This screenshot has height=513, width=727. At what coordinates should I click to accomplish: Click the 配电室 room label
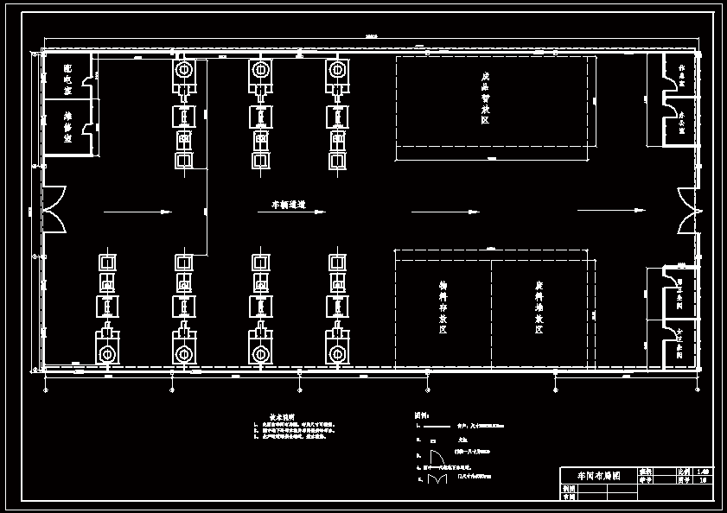pyautogui.click(x=67, y=79)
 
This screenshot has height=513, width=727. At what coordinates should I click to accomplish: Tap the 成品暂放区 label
pyautogui.click(x=485, y=98)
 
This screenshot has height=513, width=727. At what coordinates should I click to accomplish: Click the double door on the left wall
pyautogui.click(x=54, y=209)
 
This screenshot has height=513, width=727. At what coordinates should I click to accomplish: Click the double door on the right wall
pyautogui.click(x=686, y=211)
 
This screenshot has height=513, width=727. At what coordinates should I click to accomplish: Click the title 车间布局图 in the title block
pyautogui.click(x=593, y=476)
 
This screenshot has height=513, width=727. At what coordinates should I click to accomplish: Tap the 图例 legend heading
pyautogui.click(x=422, y=415)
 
